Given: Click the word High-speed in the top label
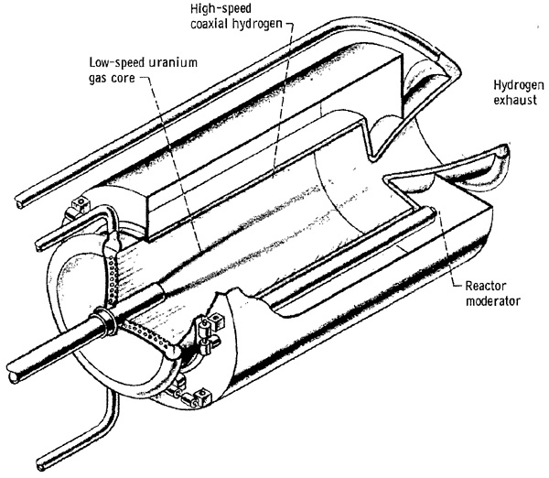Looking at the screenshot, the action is pyautogui.click(x=221, y=9).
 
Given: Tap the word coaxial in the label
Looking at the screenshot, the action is pyautogui.click(x=209, y=24).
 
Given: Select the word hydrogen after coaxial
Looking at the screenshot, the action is pyautogui.click(x=256, y=24).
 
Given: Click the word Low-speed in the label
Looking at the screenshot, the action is pyautogui.click(x=116, y=63).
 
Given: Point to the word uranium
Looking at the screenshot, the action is pyautogui.click(x=173, y=62).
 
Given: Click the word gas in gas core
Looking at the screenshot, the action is pyautogui.click(x=98, y=79).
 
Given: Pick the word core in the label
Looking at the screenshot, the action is pyautogui.click(x=123, y=78).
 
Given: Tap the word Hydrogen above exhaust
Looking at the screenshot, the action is pyautogui.click(x=519, y=86).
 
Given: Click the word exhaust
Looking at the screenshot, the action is pyautogui.click(x=515, y=100).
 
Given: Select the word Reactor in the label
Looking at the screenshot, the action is pyautogui.click(x=486, y=286).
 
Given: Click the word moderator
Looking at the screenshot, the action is pyautogui.click(x=492, y=301).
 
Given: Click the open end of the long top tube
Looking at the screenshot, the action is pyautogui.click(x=18, y=203).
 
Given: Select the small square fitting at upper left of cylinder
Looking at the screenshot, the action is pyautogui.click(x=80, y=204).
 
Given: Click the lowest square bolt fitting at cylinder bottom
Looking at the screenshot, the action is pyautogui.click(x=204, y=397).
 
